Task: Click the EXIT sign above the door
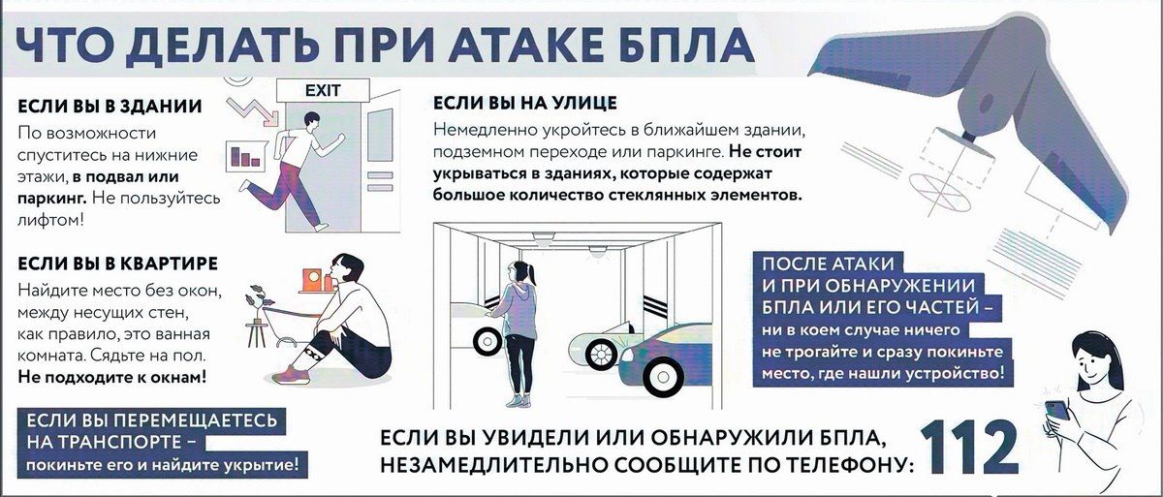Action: point(323,90)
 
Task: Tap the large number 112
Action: point(969,448)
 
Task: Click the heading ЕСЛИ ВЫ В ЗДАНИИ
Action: point(110,107)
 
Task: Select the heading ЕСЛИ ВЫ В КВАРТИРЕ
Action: point(118,264)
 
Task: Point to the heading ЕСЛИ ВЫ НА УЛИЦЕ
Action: point(525,104)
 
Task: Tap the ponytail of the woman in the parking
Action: point(531,274)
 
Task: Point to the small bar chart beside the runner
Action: point(245,155)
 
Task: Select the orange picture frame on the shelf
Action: point(313,280)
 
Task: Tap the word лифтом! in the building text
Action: point(50,220)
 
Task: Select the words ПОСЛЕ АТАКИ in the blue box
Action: point(829,264)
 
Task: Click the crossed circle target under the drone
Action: point(940,193)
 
